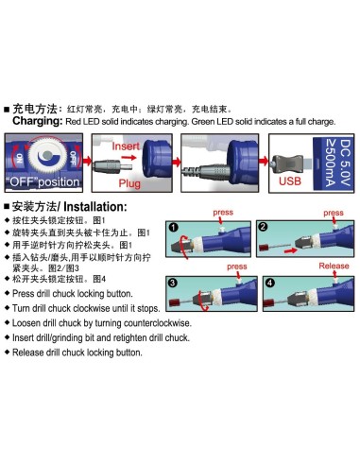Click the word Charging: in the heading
(x=38, y=121)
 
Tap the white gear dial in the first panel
(x=46, y=155)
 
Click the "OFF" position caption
(x=43, y=182)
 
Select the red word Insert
(x=126, y=146)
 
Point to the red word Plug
(x=129, y=183)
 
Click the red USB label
(x=290, y=181)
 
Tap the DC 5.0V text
(x=345, y=163)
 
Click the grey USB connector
(x=289, y=163)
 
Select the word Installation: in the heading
(x=95, y=207)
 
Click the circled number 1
(x=173, y=227)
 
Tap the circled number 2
(x=263, y=227)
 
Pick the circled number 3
(x=172, y=283)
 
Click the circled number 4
(x=269, y=283)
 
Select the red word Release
(x=334, y=266)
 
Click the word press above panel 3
(x=237, y=267)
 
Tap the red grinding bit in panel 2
(x=265, y=247)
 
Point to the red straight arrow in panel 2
(x=290, y=250)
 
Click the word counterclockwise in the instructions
(x=158, y=323)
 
